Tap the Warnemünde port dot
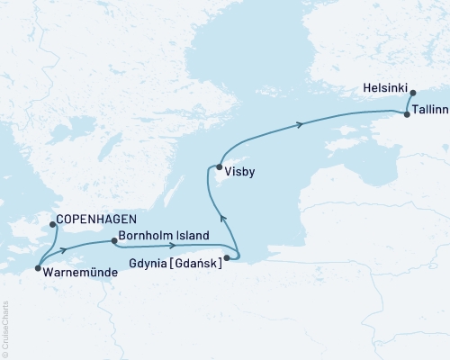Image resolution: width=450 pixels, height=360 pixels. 38,267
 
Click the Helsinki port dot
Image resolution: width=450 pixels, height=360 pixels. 412,93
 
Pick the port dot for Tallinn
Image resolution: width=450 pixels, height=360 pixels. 408,114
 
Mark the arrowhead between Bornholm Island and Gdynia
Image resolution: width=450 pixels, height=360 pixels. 172,245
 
